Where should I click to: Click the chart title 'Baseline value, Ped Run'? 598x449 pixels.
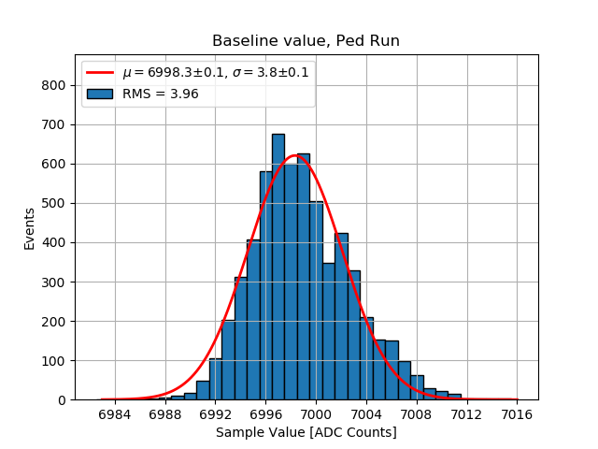(x=306, y=41)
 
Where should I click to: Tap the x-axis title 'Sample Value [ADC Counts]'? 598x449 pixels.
(x=306, y=432)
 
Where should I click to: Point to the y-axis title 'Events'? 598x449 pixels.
(x=30, y=228)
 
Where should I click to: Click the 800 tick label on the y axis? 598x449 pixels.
(x=54, y=86)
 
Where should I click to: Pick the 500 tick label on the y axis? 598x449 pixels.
(x=54, y=204)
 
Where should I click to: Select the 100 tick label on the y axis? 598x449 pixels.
(x=54, y=361)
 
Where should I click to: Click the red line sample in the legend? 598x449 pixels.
(x=101, y=73)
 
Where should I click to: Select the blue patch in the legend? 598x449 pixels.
(x=101, y=94)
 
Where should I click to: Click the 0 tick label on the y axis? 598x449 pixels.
(x=62, y=400)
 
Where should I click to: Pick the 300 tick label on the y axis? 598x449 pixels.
(x=54, y=282)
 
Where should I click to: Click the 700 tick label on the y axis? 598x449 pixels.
(x=54, y=125)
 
